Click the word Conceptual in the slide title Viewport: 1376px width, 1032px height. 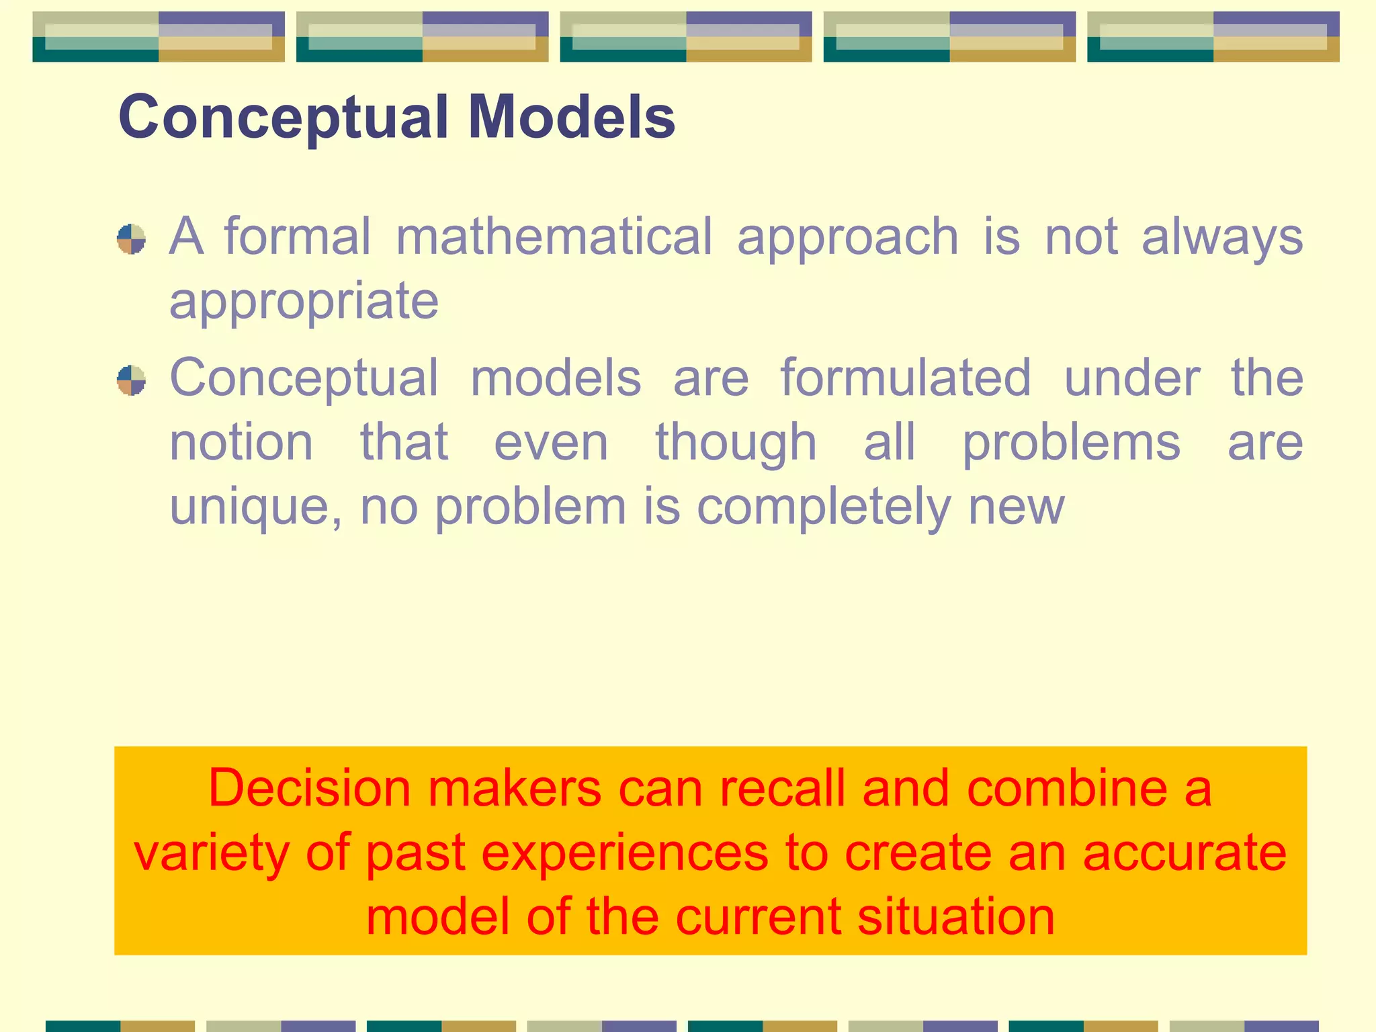click(x=283, y=118)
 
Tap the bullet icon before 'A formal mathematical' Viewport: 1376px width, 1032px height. click(x=131, y=239)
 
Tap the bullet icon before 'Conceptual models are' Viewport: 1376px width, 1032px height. click(x=131, y=380)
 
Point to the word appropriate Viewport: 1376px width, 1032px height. click(x=304, y=302)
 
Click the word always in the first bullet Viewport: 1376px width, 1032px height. click(x=1222, y=238)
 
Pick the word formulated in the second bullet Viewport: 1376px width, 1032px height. click(x=905, y=378)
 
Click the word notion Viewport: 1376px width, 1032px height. click(x=241, y=443)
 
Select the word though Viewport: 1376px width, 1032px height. click(x=736, y=443)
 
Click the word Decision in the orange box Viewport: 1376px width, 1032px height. click(x=309, y=788)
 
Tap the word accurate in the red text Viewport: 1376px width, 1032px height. click(x=1184, y=853)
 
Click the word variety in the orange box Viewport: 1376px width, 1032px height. click(x=212, y=854)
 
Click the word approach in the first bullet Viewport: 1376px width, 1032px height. click(x=848, y=238)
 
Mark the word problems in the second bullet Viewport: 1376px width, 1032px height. click(x=1071, y=443)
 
